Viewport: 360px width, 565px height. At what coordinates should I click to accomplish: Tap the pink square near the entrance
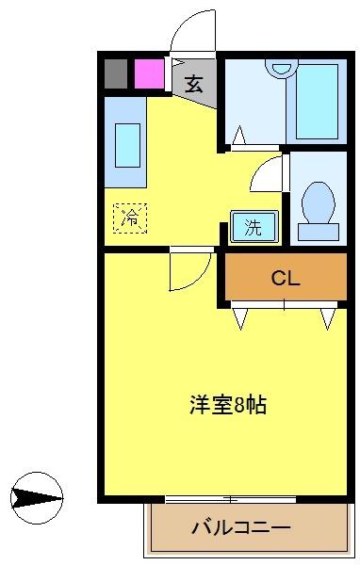click(x=147, y=73)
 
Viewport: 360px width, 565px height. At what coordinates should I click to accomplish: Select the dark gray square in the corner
click(x=116, y=73)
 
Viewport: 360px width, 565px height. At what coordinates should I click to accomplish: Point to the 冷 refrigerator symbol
click(x=131, y=218)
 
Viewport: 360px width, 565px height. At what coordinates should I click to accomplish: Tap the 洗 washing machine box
click(x=254, y=226)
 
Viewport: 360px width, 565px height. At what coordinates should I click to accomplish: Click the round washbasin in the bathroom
click(x=279, y=67)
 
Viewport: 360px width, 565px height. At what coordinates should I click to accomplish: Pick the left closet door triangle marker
click(x=240, y=318)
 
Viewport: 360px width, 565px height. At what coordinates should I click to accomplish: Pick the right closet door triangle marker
click(x=327, y=318)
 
